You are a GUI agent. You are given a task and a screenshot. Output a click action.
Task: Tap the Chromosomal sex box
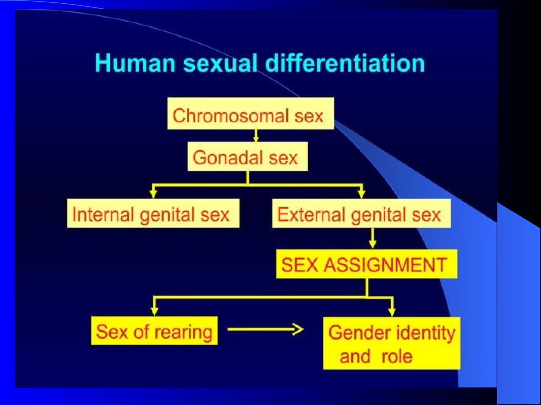(250, 113)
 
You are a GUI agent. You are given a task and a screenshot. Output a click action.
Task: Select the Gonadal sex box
(248, 157)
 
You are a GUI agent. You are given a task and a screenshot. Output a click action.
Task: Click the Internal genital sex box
(153, 213)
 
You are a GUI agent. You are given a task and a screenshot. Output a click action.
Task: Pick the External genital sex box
(361, 213)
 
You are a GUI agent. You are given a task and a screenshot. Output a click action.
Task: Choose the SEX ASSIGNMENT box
(367, 264)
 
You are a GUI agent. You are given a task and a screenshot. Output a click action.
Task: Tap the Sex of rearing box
(154, 331)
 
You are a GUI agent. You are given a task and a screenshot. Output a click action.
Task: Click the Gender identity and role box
(392, 343)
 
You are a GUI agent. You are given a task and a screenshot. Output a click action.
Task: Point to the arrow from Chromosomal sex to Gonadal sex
(256, 136)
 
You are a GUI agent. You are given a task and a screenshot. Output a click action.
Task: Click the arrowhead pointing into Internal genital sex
(153, 194)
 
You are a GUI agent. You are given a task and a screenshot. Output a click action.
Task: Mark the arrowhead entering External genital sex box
(361, 194)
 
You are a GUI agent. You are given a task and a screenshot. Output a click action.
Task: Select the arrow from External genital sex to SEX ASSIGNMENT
(372, 238)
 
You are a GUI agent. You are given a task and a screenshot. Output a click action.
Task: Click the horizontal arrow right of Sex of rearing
(265, 329)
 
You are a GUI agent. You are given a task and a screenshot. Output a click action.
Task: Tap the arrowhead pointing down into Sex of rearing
(154, 311)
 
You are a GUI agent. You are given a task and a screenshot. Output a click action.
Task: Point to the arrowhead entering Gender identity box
(392, 312)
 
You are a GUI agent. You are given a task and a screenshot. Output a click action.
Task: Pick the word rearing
(183, 332)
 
